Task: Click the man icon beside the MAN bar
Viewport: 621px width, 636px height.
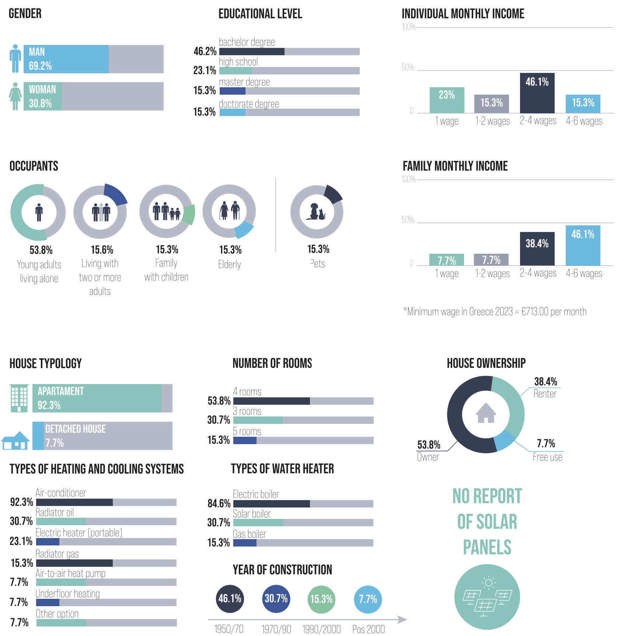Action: tap(15, 59)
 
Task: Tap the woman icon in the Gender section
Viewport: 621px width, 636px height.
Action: tap(15, 96)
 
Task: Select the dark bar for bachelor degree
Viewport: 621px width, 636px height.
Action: tap(252, 52)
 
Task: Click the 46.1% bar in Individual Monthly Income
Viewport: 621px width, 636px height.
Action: tap(537, 93)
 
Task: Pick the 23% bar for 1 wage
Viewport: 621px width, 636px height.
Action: tap(447, 100)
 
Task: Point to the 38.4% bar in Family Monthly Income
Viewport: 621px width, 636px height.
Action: tap(537, 249)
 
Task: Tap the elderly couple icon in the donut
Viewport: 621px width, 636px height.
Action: tap(229, 211)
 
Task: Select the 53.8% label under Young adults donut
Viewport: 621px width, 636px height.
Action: tap(41, 250)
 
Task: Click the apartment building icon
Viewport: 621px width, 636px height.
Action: tap(20, 398)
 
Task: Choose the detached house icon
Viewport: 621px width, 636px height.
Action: tap(15, 440)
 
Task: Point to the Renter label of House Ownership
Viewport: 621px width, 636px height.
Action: tap(545, 394)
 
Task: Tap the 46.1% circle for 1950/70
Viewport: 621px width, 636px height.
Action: tap(230, 598)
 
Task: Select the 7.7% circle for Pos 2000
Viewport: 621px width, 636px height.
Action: tap(368, 599)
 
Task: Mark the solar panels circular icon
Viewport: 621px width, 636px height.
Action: tap(487, 597)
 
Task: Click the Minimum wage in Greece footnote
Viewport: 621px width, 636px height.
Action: tap(495, 312)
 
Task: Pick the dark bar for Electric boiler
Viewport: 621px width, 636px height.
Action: tap(272, 504)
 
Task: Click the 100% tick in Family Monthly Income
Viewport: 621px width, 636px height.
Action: tap(408, 179)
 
